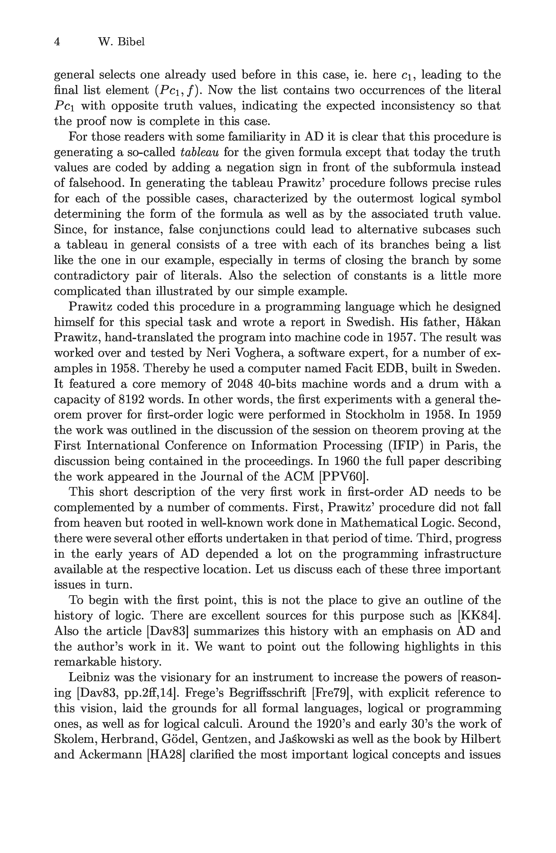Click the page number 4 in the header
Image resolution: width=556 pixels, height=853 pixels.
point(57,42)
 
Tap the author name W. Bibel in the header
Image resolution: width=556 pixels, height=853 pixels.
point(121,42)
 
